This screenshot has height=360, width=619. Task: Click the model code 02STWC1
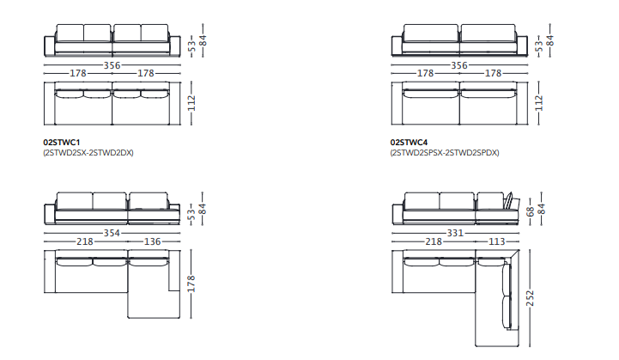[x=62, y=143]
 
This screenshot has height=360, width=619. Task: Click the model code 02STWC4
[x=409, y=143]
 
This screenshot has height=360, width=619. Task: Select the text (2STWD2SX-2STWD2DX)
[x=88, y=153]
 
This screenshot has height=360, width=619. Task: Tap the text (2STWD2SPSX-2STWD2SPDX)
[x=445, y=153]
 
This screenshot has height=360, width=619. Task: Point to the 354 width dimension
[x=112, y=233]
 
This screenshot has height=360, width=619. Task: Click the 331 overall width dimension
[x=455, y=233]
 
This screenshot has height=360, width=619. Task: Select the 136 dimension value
[x=152, y=241]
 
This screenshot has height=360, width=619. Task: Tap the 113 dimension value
[x=496, y=241]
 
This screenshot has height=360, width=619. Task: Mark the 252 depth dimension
[x=530, y=298]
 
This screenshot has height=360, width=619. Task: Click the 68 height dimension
[x=531, y=211]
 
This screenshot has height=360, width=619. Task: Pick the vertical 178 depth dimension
[x=191, y=284]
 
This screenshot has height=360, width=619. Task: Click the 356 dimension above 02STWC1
[x=112, y=65]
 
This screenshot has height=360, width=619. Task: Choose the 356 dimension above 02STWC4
[x=459, y=65]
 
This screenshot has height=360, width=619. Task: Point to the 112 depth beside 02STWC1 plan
[x=191, y=103]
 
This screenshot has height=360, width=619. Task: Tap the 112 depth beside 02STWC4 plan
[x=539, y=103]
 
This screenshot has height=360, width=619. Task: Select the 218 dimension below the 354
[x=85, y=241]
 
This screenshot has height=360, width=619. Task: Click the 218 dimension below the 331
[x=434, y=241]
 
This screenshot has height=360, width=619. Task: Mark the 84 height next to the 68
[x=542, y=209]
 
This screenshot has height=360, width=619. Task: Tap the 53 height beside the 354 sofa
[x=191, y=214]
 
